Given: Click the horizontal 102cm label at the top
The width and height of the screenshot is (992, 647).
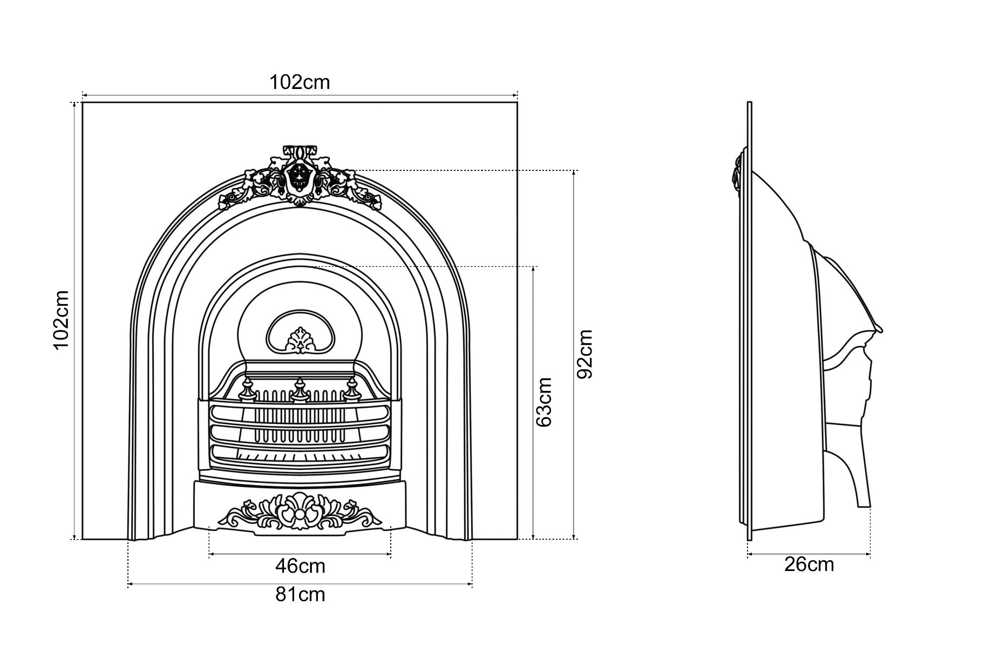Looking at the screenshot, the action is (300, 82).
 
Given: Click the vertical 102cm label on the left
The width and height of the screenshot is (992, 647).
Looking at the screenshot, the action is (62, 320).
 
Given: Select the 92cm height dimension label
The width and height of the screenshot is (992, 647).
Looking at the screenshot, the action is (585, 354).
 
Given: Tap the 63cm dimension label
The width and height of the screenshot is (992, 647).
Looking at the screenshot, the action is (544, 402).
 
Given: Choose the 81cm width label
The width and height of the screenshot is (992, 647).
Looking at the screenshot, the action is (300, 594).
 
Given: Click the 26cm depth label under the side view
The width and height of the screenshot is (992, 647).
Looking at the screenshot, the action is (809, 565).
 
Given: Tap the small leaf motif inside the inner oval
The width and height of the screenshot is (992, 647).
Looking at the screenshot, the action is (299, 341).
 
